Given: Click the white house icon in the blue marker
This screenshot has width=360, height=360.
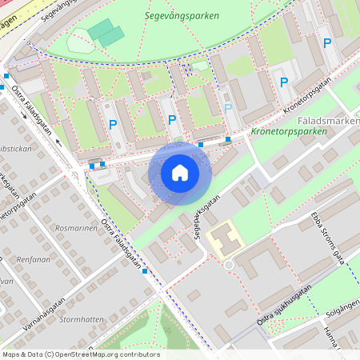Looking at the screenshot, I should [x=180, y=172].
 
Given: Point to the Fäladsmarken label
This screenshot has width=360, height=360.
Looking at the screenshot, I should [x=328, y=121].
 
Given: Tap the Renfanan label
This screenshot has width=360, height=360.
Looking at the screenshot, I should [x=34, y=260].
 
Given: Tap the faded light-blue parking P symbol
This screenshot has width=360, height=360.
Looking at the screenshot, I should [x=228, y=108].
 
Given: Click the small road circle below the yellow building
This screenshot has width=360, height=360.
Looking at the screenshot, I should [x=228, y=264].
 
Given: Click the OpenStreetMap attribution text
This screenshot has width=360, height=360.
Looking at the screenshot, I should [x=80, y=354].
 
